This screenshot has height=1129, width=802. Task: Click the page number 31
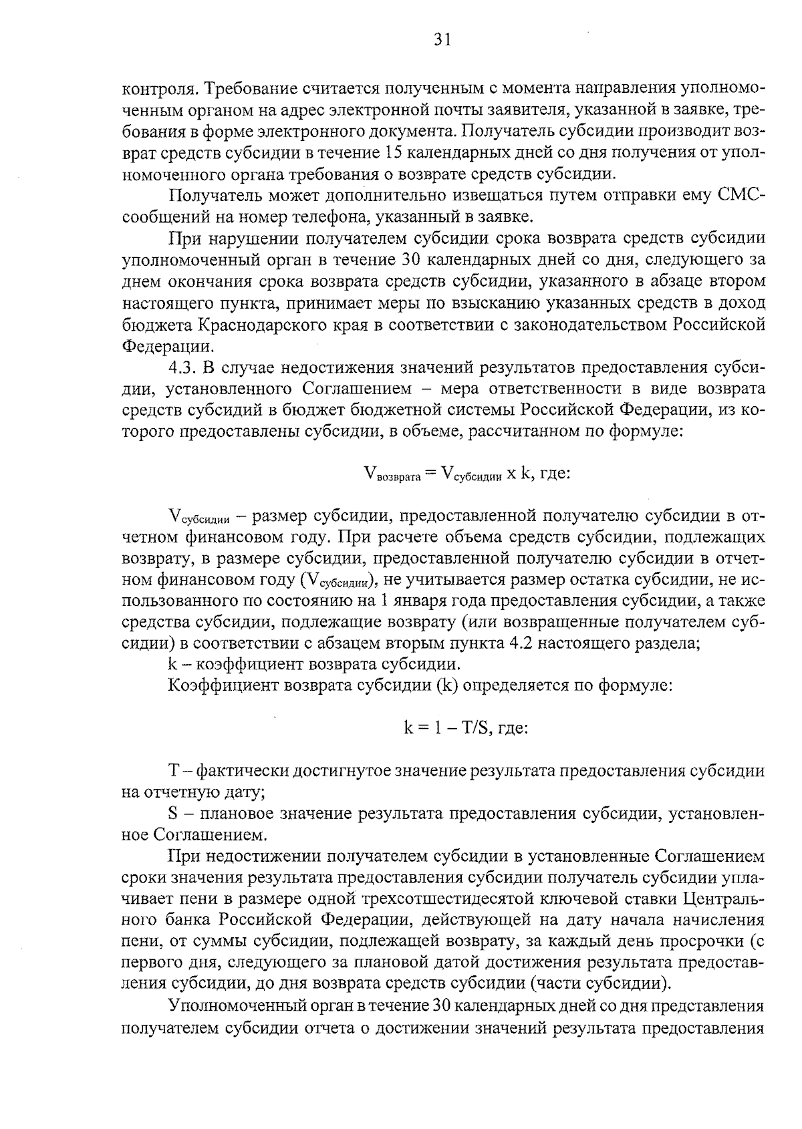(442, 40)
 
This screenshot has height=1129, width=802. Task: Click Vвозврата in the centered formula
(393, 474)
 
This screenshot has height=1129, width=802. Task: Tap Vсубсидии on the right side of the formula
(468, 474)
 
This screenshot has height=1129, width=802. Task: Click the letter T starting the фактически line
(174, 771)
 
